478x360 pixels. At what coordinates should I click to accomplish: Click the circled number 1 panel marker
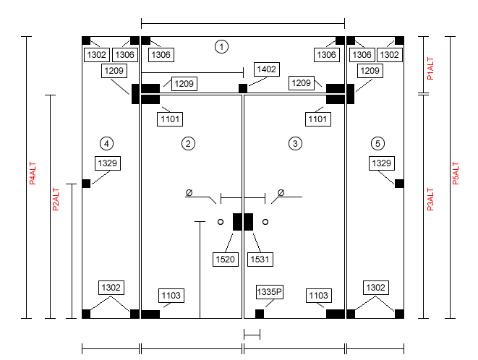[221, 47]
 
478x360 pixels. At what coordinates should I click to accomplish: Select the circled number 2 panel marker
[188, 144]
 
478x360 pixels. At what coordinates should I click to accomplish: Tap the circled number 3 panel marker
[295, 144]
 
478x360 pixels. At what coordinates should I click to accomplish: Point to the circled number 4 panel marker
[106, 144]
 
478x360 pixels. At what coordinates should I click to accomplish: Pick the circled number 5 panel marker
[377, 144]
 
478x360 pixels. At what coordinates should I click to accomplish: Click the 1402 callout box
[266, 69]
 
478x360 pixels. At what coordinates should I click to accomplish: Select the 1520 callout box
[226, 260]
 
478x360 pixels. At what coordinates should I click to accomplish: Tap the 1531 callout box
[260, 260]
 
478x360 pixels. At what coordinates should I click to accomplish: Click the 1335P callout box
[270, 292]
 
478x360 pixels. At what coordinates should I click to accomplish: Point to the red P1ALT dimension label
[430, 69]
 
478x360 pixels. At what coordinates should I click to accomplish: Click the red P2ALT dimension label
[56, 200]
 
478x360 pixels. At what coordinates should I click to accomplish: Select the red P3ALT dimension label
[430, 200]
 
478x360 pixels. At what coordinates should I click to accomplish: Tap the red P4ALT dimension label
[33, 173]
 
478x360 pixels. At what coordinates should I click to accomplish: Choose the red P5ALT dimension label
[456, 173]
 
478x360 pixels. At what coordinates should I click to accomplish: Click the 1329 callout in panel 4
[108, 163]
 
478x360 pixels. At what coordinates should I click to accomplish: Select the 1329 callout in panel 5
[382, 163]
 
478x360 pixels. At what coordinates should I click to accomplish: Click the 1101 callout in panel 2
[170, 119]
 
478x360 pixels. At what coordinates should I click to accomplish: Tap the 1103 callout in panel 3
[319, 296]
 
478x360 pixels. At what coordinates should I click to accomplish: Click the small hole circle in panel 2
[221, 222]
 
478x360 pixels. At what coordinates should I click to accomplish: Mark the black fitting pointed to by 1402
[243, 88]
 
